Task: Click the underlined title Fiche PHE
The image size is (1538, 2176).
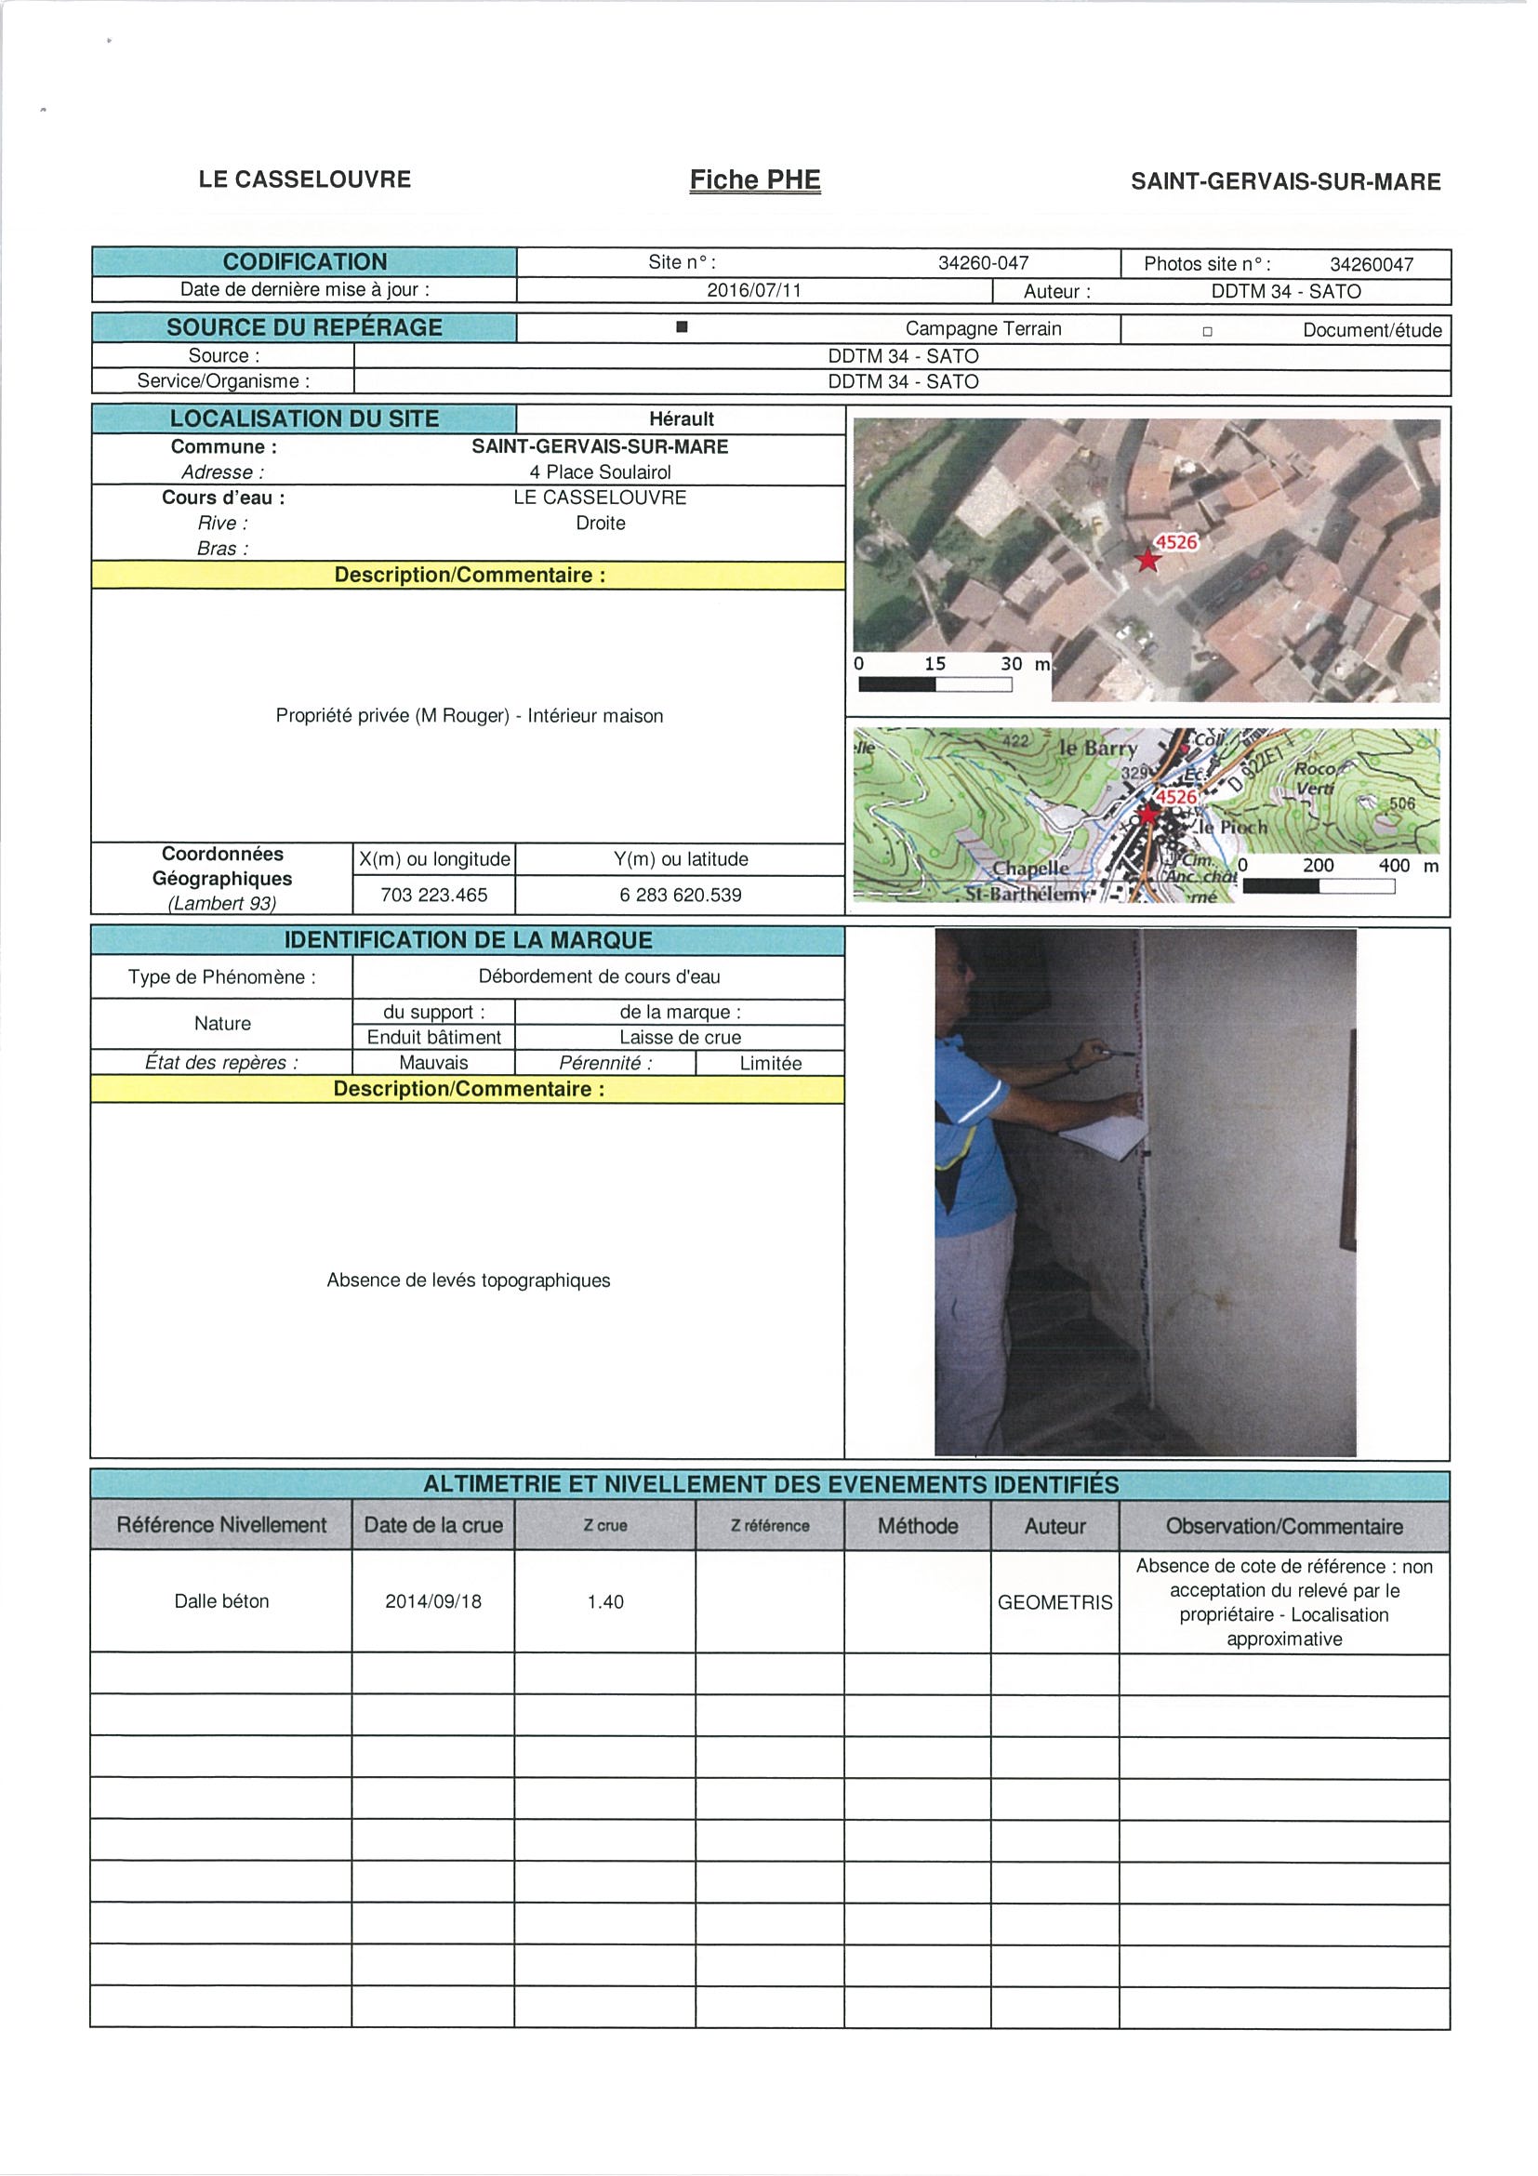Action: coord(754,180)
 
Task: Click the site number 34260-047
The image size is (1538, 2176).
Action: coord(983,262)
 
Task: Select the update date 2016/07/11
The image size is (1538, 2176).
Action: coord(754,290)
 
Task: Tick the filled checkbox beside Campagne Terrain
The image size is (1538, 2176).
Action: coord(682,328)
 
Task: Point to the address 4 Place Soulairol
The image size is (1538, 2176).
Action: coord(600,472)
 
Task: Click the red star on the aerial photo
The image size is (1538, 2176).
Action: coord(1147,561)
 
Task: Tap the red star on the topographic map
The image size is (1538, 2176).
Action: coord(1147,815)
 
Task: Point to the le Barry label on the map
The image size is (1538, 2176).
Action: coord(1097,748)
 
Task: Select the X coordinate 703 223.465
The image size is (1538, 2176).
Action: coord(434,895)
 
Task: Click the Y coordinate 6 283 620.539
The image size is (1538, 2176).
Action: coord(681,895)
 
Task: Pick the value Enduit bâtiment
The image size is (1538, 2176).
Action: coord(434,1037)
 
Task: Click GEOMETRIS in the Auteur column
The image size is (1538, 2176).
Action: coord(1054,1602)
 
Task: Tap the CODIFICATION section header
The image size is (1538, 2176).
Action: coord(304,261)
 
